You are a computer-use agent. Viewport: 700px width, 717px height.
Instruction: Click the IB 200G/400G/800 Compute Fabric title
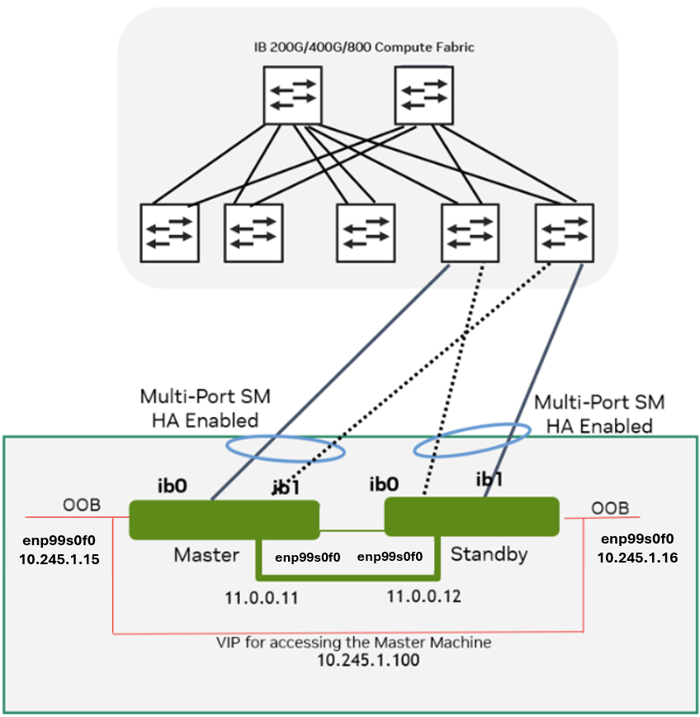pyautogui.click(x=364, y=47)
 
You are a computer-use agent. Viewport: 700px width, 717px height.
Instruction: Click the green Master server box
pyautogui.click(x=225, y=520)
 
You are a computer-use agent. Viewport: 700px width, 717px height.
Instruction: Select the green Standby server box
pyautogui.click(x=472, y=515)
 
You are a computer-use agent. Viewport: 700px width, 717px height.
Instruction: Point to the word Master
pyautogui.click(x=206, y=555)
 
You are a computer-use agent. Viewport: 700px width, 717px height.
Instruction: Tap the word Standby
pyautogui.click(x=489, y=554)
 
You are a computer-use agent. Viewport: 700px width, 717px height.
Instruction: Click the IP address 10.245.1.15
pyautogui.click(x=59, y=559)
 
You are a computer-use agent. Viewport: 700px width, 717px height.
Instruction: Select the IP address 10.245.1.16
pyautogui.click(x=637, y=558)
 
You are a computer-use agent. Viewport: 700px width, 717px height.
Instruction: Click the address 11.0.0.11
pyautogui.click(x=262, y=596)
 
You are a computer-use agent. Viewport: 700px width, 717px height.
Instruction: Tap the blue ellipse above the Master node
pyautogui.click(x=285, y=445)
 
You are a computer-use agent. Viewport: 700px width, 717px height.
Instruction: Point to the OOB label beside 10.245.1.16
pyautogui.click(x=610, y=507)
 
